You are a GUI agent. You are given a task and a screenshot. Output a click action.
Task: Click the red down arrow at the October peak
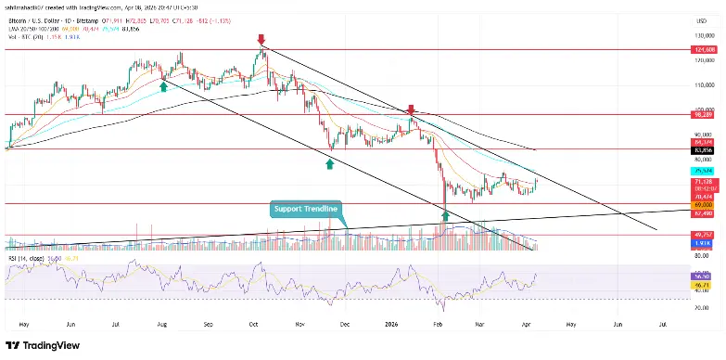[x=261, y=40]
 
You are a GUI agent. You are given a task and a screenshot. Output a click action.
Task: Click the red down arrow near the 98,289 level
[x=411, y=109]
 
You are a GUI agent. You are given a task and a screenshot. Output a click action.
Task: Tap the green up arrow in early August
[x=164, y=85]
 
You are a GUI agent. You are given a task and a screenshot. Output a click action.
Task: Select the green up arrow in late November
[x=329, y=163]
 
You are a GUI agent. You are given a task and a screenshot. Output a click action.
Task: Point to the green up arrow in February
[x=446, y=215]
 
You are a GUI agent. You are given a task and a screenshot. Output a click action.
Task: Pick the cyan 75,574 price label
[x=701, y=172]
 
